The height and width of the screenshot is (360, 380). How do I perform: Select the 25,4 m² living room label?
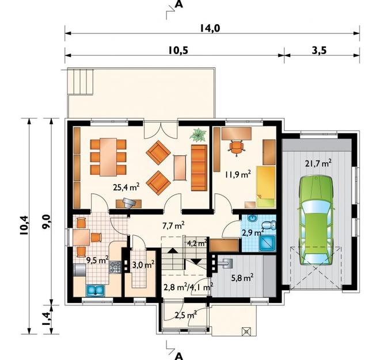click(x=126, y=186)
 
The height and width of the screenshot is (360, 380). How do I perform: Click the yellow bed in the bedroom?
click(x=266, y=185)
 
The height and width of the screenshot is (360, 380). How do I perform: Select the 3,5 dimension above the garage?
click(x=320, y=50)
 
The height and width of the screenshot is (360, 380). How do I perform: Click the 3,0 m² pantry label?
click(x=142, y=265)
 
